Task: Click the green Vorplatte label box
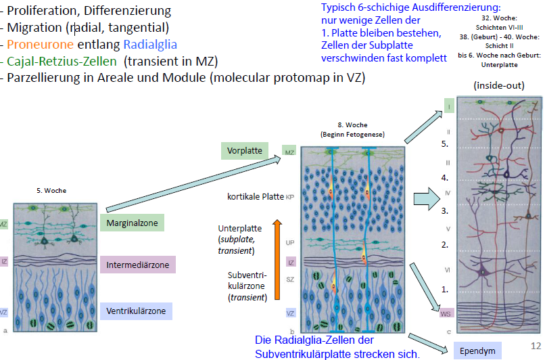pyautogui.click(x=245, y=150)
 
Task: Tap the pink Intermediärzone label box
pyautogui.click(x=138, y=265)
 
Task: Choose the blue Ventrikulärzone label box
pyautogui.click(x=136, y=311)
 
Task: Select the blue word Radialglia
pyautogui.click(x=150, y=45)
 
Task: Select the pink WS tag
pyautogui.click(x=445, y=313)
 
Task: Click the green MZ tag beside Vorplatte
pyautogui.click(x=289, y=152)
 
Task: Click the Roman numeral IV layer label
pyautogui.click(x=447, y=194)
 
